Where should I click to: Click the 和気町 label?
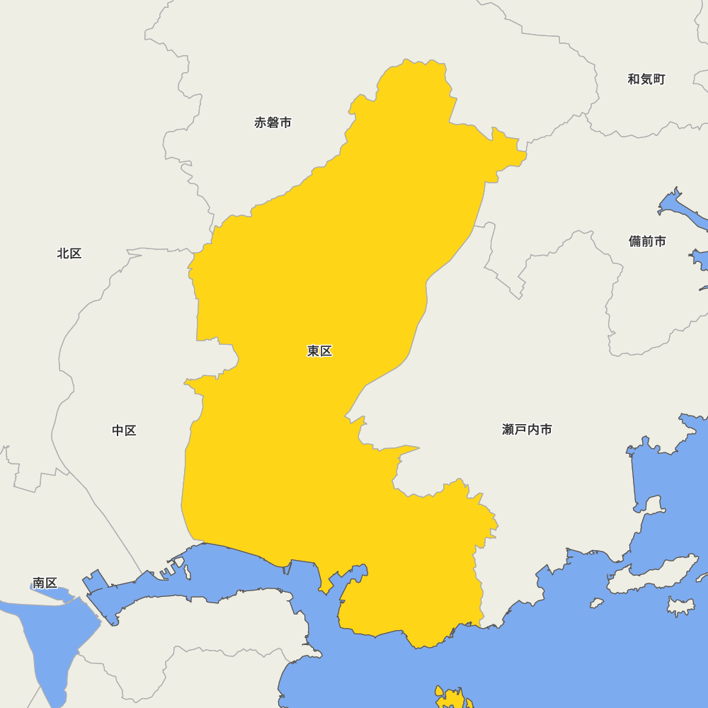(646, 79)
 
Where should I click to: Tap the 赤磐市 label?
(273, 122)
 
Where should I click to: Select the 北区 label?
(69, 253)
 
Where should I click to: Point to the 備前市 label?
(647, 241)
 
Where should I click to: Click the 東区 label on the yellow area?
(319, 351)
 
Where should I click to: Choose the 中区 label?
(124, 430)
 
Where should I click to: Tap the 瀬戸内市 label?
(527, 430)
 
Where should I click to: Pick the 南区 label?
(45, 583)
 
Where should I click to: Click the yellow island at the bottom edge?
(450, 699)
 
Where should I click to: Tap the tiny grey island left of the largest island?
(597, 603)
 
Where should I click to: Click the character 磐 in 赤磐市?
(273, 122)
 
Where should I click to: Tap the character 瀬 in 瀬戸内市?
(508, 430)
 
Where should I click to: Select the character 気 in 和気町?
(646, 79)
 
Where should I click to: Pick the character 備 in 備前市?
(634, 241)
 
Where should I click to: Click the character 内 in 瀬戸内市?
(533, 430)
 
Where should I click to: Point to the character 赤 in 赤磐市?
(260, 122)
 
